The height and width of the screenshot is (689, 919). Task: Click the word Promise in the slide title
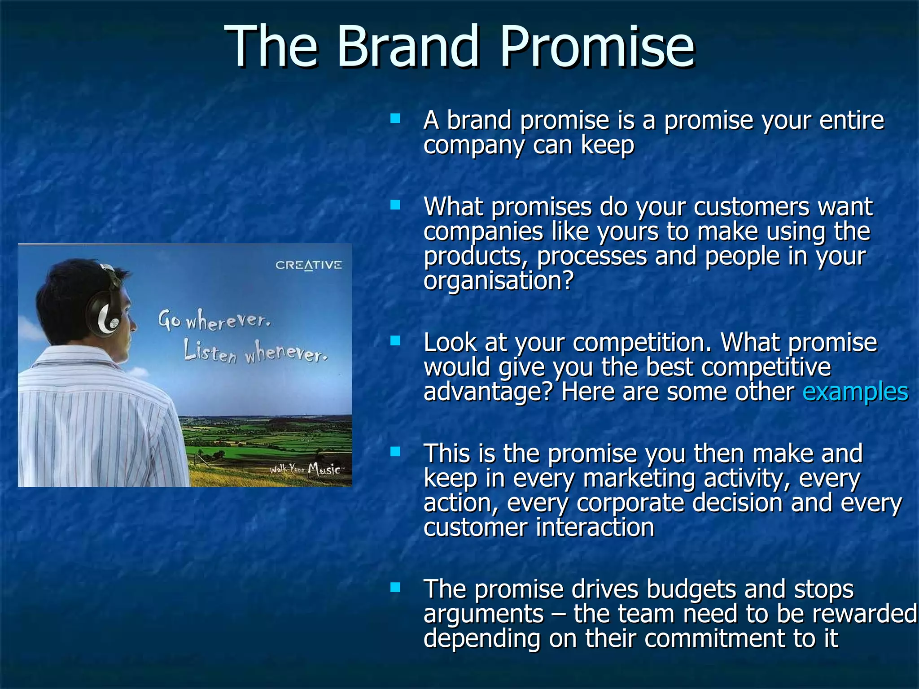(597, 46)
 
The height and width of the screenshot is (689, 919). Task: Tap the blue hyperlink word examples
(855, 391)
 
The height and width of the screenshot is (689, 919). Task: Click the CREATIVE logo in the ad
(309, 265)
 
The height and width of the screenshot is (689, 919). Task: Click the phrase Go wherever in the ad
(214, 320)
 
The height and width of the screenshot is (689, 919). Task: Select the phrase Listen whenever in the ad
(255, 353)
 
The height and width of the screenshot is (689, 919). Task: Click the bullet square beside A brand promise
(395, 119)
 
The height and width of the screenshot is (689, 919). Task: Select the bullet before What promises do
(395, 205)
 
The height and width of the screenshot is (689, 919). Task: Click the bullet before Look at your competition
(395, 341)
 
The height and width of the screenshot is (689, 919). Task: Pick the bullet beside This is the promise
(395, 452)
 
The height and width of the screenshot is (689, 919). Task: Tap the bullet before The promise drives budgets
(395, 588)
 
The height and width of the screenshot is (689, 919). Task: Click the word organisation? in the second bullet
(499, 282)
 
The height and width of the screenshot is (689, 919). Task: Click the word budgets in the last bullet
(691, 589)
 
